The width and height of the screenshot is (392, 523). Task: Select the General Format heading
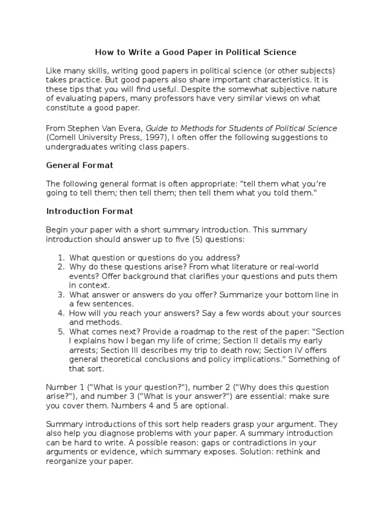[80, 165]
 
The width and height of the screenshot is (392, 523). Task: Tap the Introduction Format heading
[90, 211]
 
